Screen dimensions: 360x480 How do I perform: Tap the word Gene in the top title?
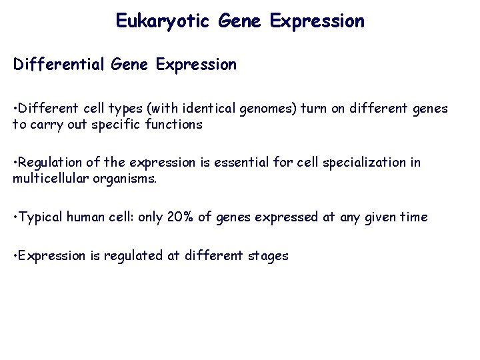[x=239, y=21]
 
